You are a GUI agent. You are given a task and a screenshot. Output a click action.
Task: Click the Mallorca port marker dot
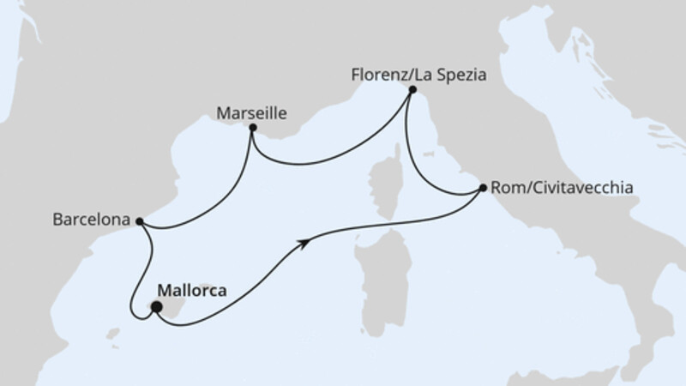(156, 305)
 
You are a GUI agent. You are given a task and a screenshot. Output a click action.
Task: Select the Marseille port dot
(252, 129)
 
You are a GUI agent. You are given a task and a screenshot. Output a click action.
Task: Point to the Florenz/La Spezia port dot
(412, 89)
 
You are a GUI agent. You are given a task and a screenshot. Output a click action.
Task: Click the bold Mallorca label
(194, 291)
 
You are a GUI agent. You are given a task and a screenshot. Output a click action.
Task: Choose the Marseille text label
(250, 112)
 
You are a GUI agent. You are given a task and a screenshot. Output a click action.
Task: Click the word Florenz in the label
(376, 75)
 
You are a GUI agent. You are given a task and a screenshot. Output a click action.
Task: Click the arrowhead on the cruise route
(304, 244)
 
